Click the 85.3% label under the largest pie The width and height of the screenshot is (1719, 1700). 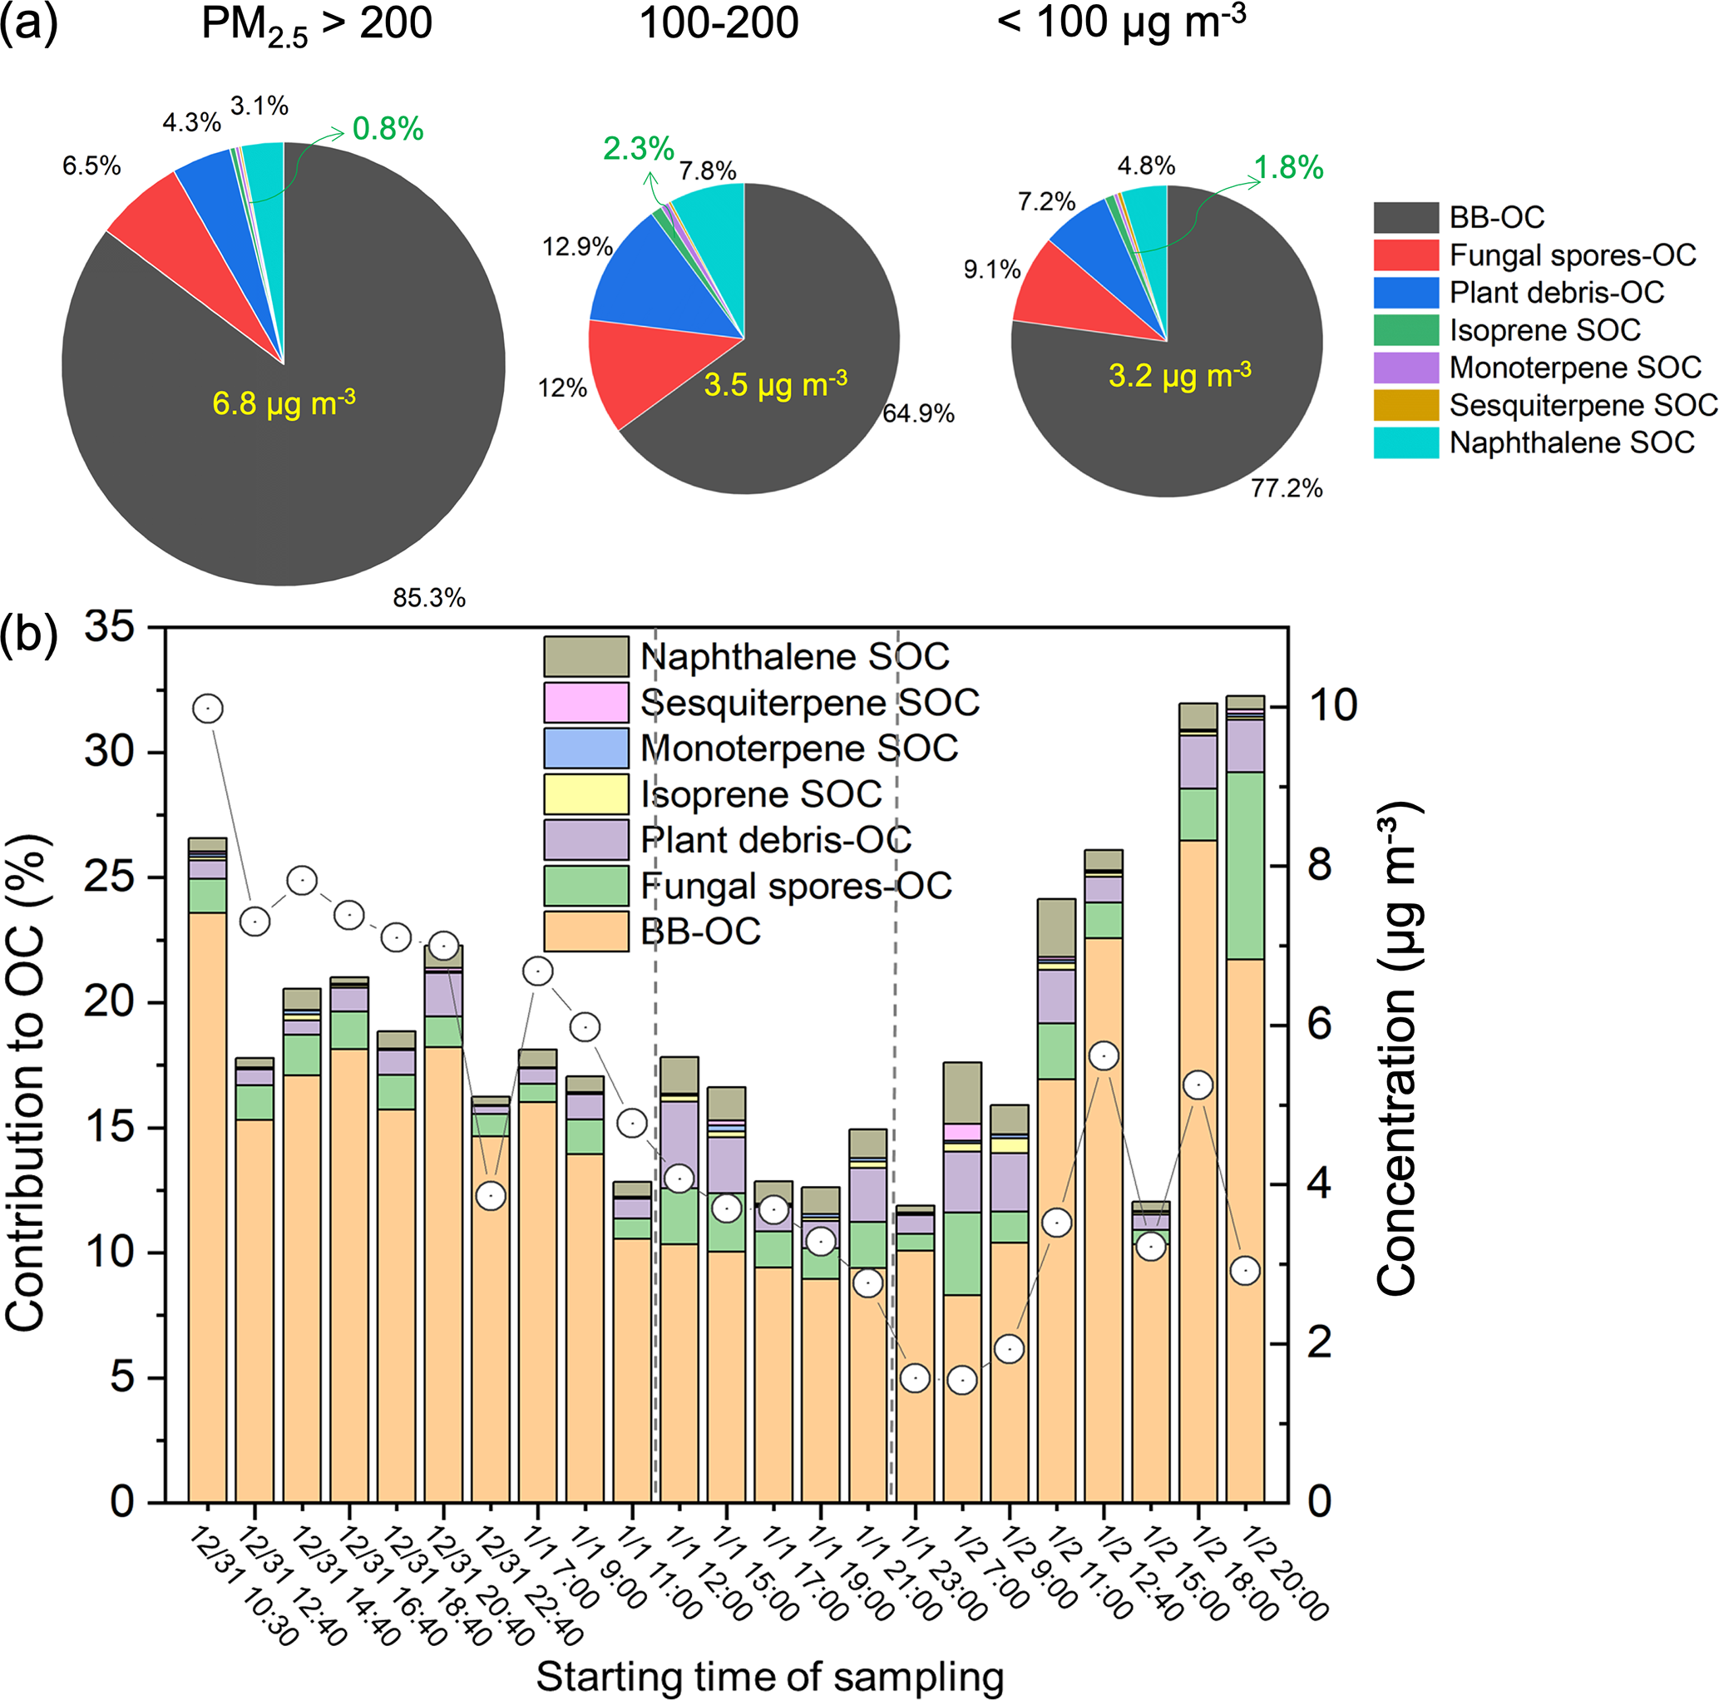pos(429,598)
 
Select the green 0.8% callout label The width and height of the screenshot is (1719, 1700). pos(387,129)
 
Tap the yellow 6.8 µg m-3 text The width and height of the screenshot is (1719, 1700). pos(283,403)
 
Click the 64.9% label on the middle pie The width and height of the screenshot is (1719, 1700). pos(918,413)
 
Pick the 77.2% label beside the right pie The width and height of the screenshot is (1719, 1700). pos(1287,488)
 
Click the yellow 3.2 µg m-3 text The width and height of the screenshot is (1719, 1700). pos(1179,374)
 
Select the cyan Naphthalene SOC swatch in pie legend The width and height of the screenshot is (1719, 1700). pos(1405,443)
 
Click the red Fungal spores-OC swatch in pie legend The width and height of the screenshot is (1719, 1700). pos(1405,255)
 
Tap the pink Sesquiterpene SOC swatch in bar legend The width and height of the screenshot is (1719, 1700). pos(586,702)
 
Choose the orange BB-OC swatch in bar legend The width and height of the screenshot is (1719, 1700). pos(586,932)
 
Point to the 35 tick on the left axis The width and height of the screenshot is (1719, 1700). pos(110,627)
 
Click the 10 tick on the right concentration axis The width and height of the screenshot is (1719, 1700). pos(1332,705)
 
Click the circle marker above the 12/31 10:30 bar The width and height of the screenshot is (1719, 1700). pos(207,709)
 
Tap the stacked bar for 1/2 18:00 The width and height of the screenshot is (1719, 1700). pos(1198,1156)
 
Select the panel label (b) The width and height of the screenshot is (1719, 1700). pos(29,635)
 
